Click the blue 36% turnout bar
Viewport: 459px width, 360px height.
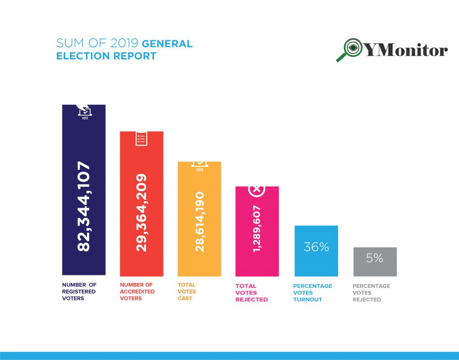(316, 264)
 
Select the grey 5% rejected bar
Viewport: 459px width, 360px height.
(375, 269)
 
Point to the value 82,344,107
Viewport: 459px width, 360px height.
(84, 207)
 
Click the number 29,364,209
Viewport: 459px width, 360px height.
(142, 213)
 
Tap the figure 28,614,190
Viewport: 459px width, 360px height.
(199, 222)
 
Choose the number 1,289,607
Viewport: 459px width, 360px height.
(257, 229)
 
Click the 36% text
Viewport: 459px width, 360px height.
(316, 247)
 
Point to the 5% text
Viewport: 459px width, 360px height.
(375, 258)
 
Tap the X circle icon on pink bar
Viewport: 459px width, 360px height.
(257, 189)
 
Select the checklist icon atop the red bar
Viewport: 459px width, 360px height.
(141, 138)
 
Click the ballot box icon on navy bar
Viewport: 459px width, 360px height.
(85, 111)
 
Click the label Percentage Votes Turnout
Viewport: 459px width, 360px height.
(313, 292)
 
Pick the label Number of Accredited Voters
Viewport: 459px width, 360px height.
(137, 291)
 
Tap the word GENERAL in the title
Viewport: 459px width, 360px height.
(167, 44)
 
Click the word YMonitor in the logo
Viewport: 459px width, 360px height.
(406, 50)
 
